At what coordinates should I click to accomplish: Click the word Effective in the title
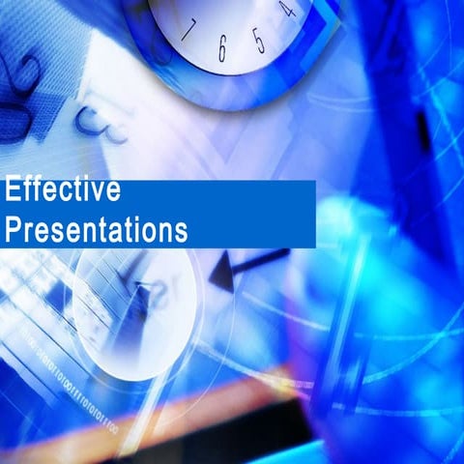(x=63, y=190)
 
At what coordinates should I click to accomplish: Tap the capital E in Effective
(x=13, y=190)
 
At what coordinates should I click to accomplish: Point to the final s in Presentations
(x=180, y=232)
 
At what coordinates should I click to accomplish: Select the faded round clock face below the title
(x=135, y=309)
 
